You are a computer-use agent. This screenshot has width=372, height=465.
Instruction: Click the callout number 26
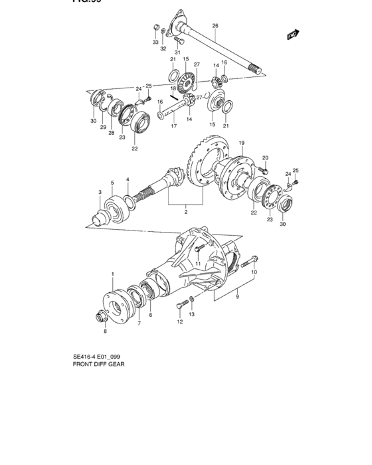click(215, 27)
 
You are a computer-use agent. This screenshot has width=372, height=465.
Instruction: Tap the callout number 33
click(155, 42)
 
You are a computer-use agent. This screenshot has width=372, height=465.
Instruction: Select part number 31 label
click(178, 52)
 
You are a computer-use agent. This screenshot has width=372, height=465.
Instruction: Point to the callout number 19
click(242, 143)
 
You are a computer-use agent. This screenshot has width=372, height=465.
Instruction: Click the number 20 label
click(265, 158)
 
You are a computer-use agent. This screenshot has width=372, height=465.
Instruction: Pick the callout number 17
click(173, 126)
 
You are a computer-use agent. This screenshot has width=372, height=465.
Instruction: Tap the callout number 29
click(103, 126)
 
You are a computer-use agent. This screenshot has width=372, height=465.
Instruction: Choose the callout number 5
click(112, 183)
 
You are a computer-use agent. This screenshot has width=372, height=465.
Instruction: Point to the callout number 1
click(113, 274)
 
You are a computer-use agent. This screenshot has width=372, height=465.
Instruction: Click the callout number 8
click(104, 330)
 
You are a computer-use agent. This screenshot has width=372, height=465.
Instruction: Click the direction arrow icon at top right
click(291, 34)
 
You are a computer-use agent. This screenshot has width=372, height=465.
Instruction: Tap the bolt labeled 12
click(181, 306)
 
